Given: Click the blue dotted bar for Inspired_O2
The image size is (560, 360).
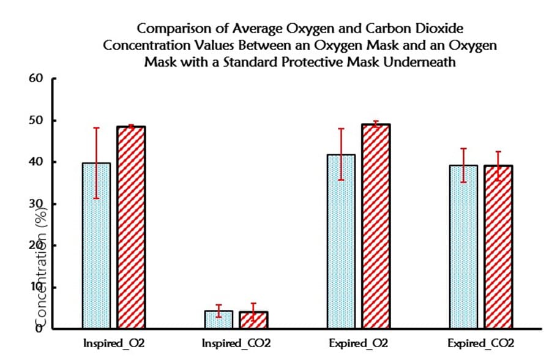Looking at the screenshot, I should (x=97, y=245).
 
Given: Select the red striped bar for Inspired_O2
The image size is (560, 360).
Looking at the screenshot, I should (x=131, y=227).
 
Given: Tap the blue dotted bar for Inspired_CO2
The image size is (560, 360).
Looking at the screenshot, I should (x=218, y=320).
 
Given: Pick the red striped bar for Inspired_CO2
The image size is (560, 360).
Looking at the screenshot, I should (x=253, y=320).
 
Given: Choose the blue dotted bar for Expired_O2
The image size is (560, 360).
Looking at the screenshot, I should (x=341, y=241).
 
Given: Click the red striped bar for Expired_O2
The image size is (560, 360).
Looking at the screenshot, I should (x=376, y=226).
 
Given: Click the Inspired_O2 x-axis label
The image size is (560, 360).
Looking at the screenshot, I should (x=114, y=343).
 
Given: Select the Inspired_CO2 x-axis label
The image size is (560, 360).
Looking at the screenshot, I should (x=236, y=343).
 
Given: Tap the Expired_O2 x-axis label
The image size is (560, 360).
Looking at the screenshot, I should (x=359, y=343).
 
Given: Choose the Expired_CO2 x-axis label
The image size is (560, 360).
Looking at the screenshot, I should (x=481, y=343).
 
